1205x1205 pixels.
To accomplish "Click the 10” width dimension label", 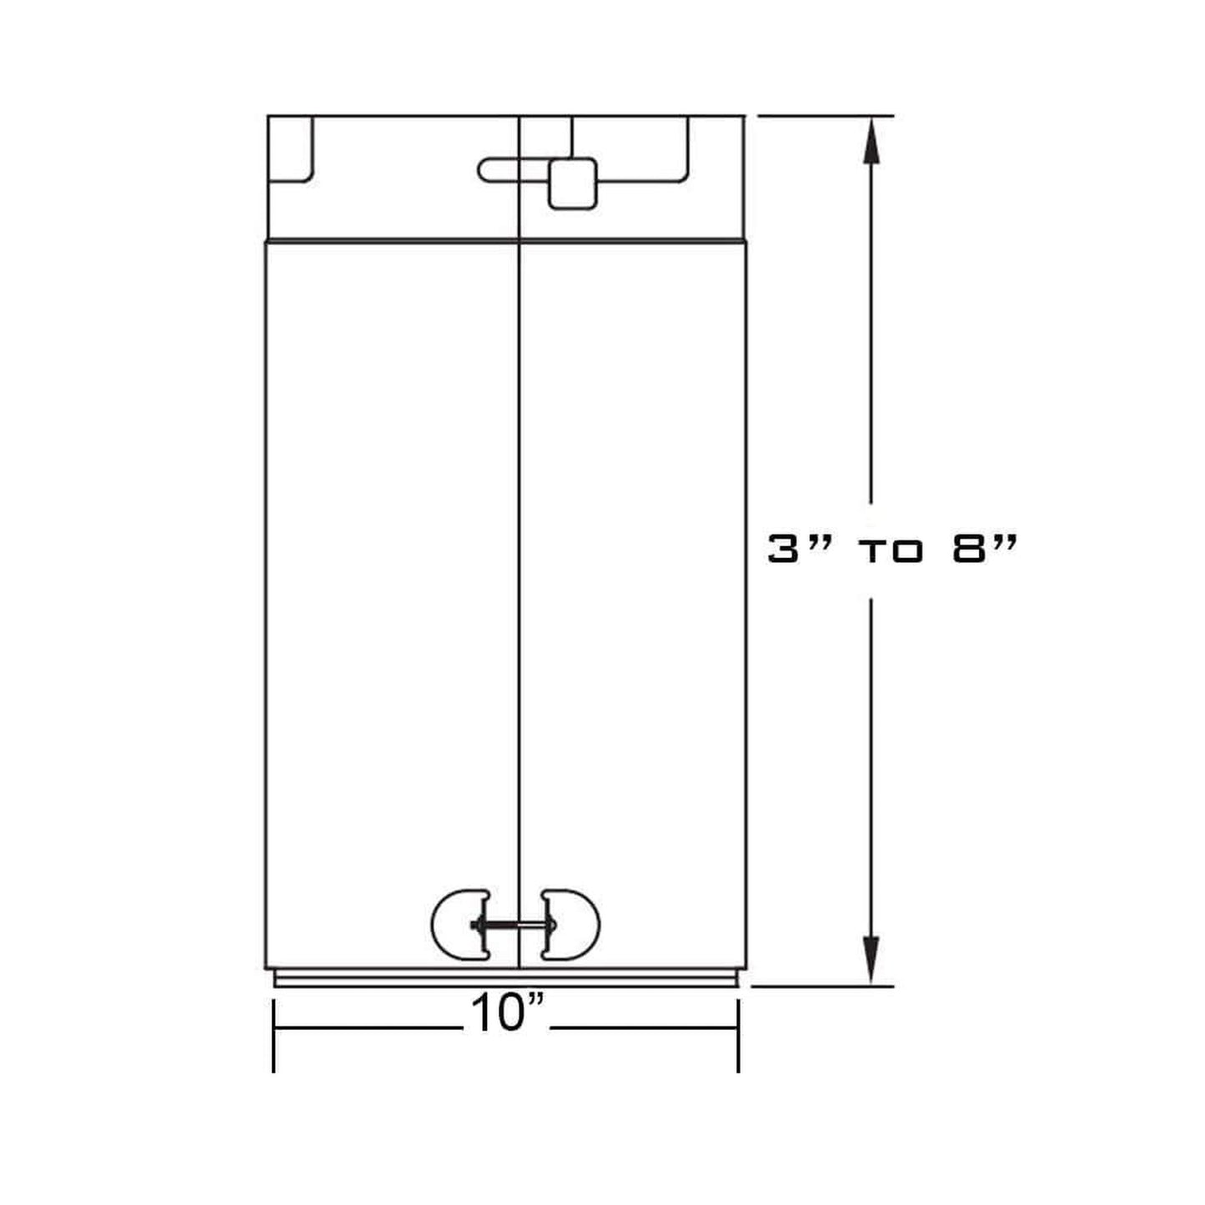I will tap(507, 1015).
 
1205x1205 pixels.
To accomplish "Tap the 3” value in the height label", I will tap(792, 550).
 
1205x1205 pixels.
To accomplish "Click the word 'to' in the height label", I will tap(891, 552).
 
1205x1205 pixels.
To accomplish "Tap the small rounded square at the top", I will tap(572, 183).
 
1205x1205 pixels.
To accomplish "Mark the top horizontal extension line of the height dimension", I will tap(826, 116).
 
